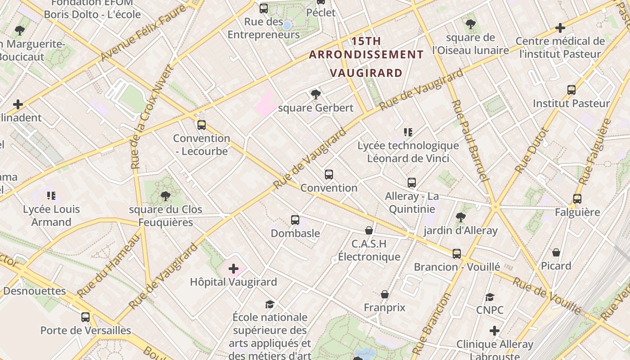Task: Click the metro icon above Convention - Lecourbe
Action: pos(201,125)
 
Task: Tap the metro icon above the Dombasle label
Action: pos(295,220)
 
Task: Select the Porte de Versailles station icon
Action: pos(85,317)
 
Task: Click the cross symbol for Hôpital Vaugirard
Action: pos(233,269)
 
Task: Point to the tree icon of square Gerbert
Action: pos(315,94)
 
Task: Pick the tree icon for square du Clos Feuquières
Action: pos(165,196)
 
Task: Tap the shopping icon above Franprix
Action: pos(384,294)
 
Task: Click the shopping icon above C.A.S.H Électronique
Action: pos(369,230)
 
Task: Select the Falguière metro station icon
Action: pos(577,198)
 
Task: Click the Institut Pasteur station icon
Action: pos(571,90)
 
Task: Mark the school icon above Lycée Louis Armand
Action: pos(51,195)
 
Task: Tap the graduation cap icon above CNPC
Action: pos(490,297)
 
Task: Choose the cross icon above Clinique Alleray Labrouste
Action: pos(495,331)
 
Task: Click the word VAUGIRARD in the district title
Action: pos(366,73)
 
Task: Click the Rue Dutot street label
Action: pos(532,151)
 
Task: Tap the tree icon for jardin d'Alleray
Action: pos(460,217)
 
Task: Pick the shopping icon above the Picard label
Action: pos(556,252)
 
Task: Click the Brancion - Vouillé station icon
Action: pos(457,253)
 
